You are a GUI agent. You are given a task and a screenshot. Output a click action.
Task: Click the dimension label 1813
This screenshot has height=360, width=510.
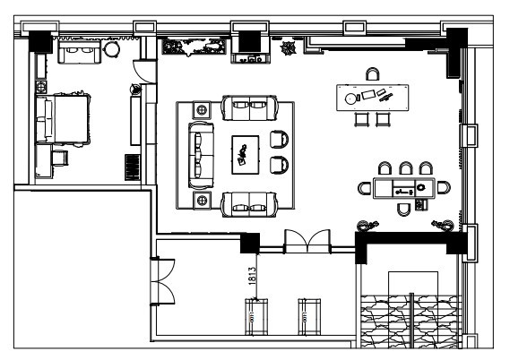tap(252, 276)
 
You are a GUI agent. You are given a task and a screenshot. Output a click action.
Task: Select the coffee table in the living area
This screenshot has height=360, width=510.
tap(246, 155)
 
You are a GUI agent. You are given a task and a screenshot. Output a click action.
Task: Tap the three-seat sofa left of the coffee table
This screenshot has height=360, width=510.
tap(201, 155)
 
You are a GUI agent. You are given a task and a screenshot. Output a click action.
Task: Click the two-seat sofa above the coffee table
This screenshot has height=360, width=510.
tap(249, 107)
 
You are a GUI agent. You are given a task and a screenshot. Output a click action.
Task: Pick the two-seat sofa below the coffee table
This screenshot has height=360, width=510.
tap(249, 204)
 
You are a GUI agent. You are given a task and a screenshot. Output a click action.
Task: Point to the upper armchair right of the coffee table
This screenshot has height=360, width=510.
tap(279, 140)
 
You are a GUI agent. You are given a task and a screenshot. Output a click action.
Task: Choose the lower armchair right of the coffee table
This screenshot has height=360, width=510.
tap(279, 165)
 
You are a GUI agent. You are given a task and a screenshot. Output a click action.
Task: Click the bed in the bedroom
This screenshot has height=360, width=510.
tap(63, 119)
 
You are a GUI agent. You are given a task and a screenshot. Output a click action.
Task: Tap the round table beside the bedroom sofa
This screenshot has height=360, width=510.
tap(111, 50)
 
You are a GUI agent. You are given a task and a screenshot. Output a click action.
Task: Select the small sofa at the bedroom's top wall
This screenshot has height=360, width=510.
tap(80, 52)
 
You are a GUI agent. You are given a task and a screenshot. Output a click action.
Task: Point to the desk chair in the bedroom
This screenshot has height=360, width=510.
tap(60, 158)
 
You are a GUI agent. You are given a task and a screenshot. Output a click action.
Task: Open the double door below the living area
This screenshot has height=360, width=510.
tap(307, 241)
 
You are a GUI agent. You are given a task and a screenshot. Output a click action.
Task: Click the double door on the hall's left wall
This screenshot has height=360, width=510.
tap(162, 281)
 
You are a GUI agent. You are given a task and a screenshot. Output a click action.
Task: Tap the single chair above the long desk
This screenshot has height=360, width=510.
tap(373, 74)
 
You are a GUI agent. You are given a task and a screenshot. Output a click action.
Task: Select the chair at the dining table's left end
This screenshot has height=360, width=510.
tap(365, 188)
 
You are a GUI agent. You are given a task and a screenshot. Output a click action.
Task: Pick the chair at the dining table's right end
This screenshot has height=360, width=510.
tap(444, 187)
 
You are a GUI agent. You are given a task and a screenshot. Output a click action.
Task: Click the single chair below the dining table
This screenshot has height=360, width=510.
tap(403, 210)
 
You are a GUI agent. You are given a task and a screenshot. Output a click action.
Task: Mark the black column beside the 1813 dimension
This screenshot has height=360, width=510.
tap(250, 243)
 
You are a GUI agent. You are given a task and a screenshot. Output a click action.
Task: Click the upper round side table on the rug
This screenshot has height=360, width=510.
tap(202, 110)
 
